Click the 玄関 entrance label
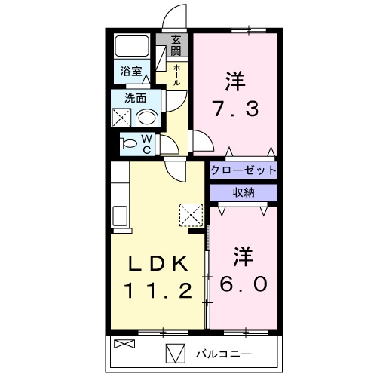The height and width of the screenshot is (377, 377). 176,45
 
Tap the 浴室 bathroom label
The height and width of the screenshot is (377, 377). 131,72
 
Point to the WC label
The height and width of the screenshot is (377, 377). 147,143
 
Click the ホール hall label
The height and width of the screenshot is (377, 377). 176,75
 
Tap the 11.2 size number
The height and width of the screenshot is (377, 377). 158,290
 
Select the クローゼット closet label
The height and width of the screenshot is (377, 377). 244,170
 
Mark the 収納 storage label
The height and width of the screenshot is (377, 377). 244,192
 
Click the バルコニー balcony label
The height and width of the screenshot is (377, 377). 224,353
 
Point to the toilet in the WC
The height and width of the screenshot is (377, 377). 130,143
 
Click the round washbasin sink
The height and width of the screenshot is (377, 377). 149,118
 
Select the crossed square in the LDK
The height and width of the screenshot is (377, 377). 192,214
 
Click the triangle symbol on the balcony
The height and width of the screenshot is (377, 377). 174,353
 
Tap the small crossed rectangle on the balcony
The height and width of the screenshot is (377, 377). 122,344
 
